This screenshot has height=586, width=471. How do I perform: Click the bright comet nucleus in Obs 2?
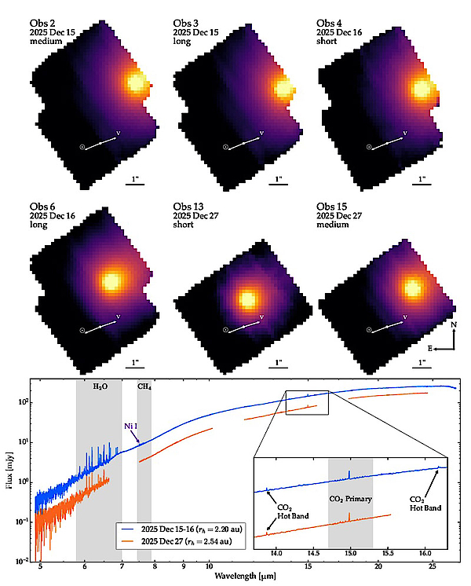pos(135,82)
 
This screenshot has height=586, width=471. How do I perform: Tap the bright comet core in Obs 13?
pos(248,298)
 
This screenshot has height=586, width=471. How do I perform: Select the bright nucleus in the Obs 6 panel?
pos(111,280)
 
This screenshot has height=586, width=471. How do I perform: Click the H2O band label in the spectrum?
pos(100,386)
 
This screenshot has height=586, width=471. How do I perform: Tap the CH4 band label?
pos(144,386)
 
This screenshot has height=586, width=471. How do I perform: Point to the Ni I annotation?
pos(131,426)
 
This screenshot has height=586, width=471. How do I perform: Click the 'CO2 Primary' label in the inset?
pos(349,498)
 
